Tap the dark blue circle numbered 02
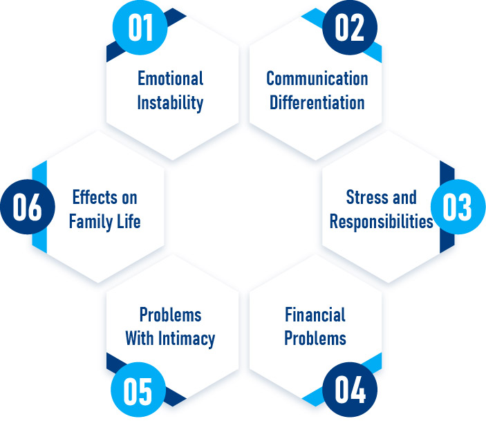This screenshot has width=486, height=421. [349, 29]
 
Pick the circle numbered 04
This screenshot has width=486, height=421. [349, 391]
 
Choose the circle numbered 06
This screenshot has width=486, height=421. [28, 208]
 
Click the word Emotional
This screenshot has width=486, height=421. [170, 77]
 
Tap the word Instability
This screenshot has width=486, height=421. [170, 102]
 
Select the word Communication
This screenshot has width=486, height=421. [317, 77]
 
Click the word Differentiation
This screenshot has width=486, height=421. [317, 102]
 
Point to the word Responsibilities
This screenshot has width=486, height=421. [381, 221]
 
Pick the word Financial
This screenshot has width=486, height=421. [315, 315]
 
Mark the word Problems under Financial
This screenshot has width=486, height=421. [315, 339]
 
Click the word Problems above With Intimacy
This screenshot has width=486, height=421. [170, 315]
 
